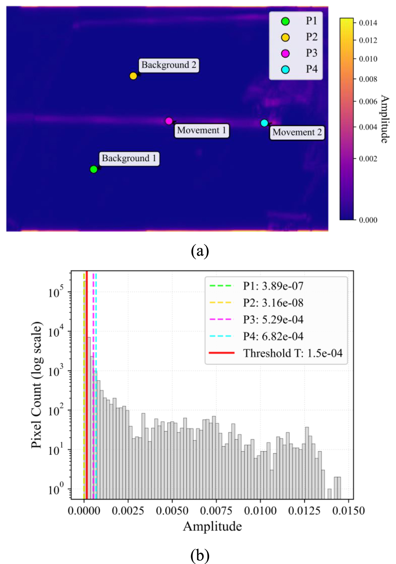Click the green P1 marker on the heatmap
pos(93,169)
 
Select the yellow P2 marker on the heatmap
pos(133,75)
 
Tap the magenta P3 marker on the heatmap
pos(169,121)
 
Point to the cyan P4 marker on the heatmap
pos(264,123)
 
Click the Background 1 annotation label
pos(129,159)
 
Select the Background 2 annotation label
pos(169,65)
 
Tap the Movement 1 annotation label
pos(202,130)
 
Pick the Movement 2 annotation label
pos(297,133)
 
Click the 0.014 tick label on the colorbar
pos(368,23)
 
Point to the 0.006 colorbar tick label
pos(368,101)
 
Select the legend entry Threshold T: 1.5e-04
pos(276,353)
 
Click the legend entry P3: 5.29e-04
pos(256,320)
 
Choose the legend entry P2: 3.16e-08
pos(256,303)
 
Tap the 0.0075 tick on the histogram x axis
pos(216,511)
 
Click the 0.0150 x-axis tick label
pos(348,511)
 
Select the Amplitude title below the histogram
pos(213,527)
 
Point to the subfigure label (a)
pos(200,251)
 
